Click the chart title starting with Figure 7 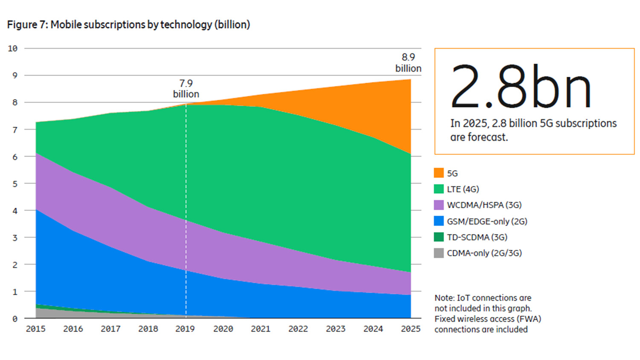[128, 25]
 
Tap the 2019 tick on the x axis [185, 329]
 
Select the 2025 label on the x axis [410, 329]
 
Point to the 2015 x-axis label [35, 329]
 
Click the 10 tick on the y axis [13, 49]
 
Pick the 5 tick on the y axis [15, 184]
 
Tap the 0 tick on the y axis [15, 319]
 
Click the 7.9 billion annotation [186, 89]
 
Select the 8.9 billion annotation [408, 63]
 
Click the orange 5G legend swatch [439, 173]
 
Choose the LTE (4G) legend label [463, 189]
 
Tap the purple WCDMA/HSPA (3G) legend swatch [439, 205]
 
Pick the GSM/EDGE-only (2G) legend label [487, 221]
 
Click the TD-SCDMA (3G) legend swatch [439, 237]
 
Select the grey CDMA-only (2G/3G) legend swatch [439, 253]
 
